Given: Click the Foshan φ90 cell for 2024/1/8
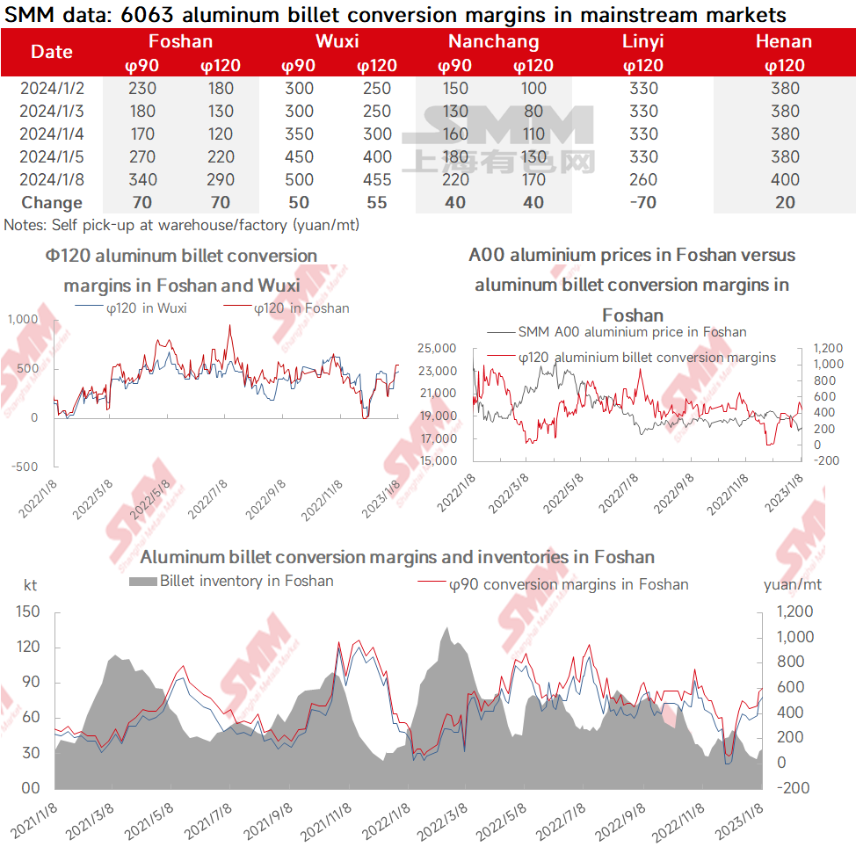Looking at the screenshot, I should (141, 180).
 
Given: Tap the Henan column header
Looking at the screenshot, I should (783, 41).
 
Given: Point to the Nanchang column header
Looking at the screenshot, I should (493, 41).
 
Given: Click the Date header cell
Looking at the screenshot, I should (51, 52).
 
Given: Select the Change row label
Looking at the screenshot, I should (51, 203).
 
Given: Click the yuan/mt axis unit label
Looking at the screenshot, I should (792, 584).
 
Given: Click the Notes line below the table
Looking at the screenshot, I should (181, 225).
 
